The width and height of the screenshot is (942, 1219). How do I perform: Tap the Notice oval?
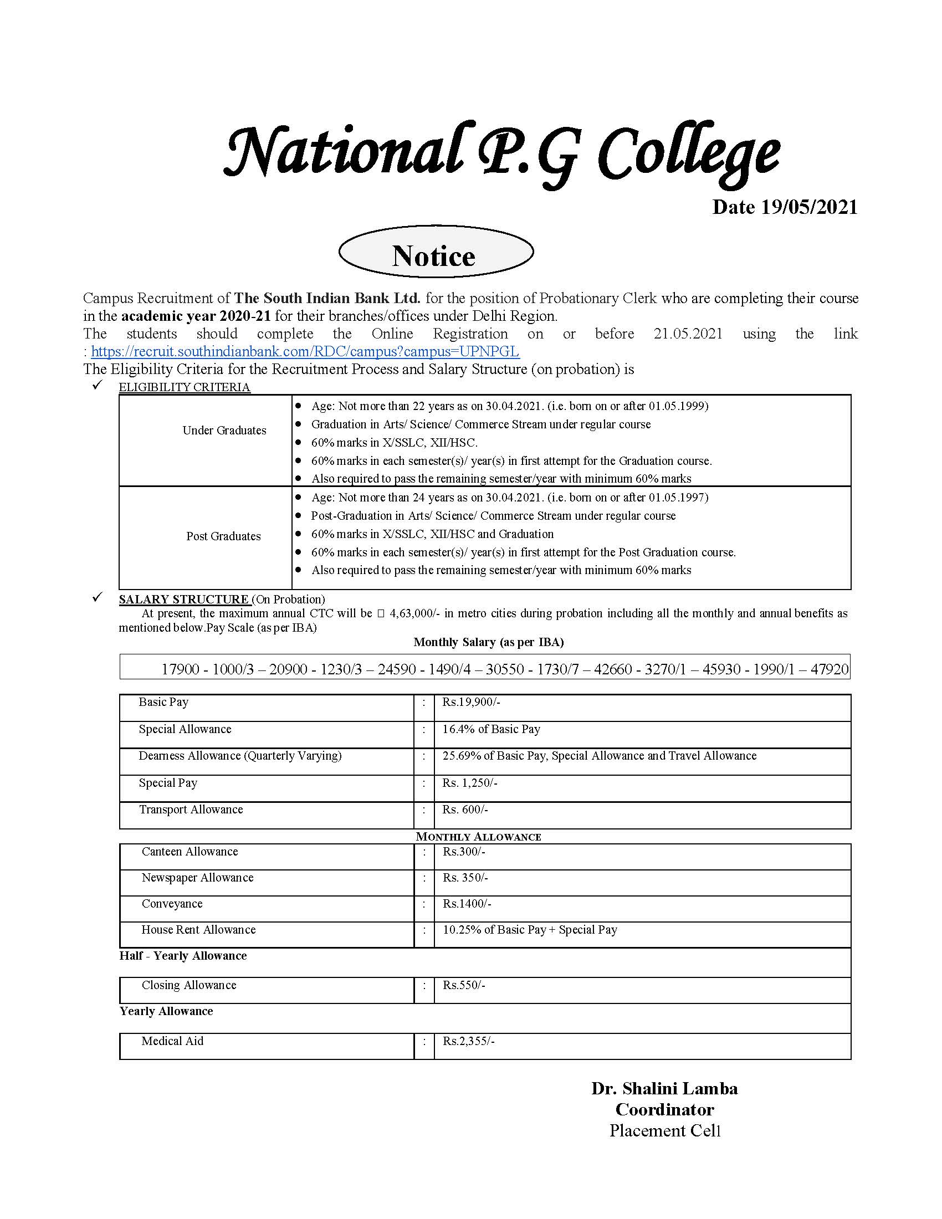tap(436, 255)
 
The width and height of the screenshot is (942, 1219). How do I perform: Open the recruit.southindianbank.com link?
tap(305, 352)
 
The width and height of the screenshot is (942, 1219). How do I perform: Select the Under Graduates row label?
tap(224, 431)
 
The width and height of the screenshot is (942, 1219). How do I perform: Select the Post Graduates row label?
tap(223, 536)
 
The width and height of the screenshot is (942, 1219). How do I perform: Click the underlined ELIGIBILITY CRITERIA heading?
tap(184, 387)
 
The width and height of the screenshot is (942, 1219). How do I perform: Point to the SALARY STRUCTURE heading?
tap(183, 600)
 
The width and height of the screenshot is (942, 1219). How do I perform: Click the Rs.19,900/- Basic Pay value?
tap(471, 702)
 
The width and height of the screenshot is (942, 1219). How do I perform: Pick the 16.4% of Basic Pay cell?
tap(491, 729)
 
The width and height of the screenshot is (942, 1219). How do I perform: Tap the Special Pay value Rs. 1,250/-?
tap(469, 783)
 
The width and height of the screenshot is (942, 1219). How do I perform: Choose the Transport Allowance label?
tap(191, 810)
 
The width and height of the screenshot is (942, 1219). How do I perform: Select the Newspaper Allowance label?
tap(198, 878)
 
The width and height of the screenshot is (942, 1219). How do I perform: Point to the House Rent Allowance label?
tap(198, 929)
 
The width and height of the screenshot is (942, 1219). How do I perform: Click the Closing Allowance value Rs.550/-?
tap(464, 985)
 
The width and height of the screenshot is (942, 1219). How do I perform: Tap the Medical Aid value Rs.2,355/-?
tap(469, 1041)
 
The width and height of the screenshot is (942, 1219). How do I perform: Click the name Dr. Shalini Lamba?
tap(664, 1088)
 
